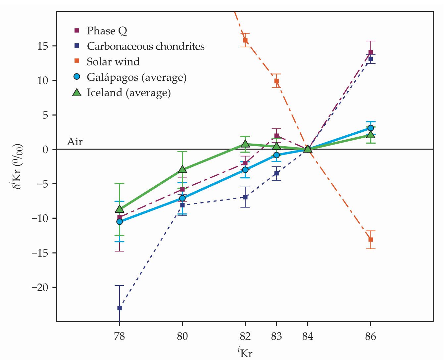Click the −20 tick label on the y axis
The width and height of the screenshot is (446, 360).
click(39, 287)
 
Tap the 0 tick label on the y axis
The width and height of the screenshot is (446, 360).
click(45, 150)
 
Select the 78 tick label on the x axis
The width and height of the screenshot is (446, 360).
click(120, 337)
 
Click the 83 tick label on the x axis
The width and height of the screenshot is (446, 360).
click(276, 337)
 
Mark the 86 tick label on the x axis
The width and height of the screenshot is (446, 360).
click(371, 337)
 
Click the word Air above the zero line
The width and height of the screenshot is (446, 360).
click(75, 142)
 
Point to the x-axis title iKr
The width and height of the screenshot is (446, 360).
click(245, 352)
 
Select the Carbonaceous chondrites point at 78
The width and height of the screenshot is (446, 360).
click(120, 308)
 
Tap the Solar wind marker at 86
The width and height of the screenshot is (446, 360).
click(371, 240)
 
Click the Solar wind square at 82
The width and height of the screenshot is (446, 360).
click(245, 40)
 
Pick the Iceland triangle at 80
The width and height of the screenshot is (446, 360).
click(182, 169)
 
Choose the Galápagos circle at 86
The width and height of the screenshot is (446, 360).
click(371, 128)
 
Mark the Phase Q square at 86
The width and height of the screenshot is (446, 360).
click(371, 52)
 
